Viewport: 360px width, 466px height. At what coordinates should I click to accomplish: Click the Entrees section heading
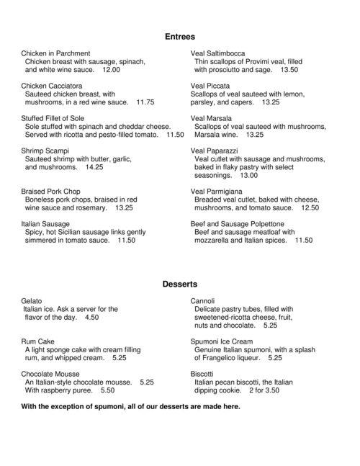[x=180, y=35]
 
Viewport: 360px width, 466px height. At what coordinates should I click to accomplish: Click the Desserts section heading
[x=180, y=284]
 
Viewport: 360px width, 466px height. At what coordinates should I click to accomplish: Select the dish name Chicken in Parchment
[x=55, y=53]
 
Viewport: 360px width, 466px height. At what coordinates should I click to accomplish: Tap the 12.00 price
[x=112, y=71]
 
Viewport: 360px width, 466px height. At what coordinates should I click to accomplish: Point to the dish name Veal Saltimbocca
[x=217, y=53]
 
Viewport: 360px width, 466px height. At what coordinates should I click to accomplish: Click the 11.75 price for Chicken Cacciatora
[x=145, y=102]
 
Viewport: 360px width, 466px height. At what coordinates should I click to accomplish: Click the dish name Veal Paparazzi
[x=215, y=150]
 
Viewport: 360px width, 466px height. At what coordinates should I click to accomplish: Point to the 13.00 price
[x=249, y=175]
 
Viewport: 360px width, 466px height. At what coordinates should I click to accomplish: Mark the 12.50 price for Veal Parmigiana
[x=310, y=207]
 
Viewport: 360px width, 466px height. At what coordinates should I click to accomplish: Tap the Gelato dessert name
[x=32, y=300]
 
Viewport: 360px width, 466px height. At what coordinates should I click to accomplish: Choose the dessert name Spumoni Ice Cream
[x=222, y=341]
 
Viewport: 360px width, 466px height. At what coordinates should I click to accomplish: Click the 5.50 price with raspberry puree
[x=107, y=390]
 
